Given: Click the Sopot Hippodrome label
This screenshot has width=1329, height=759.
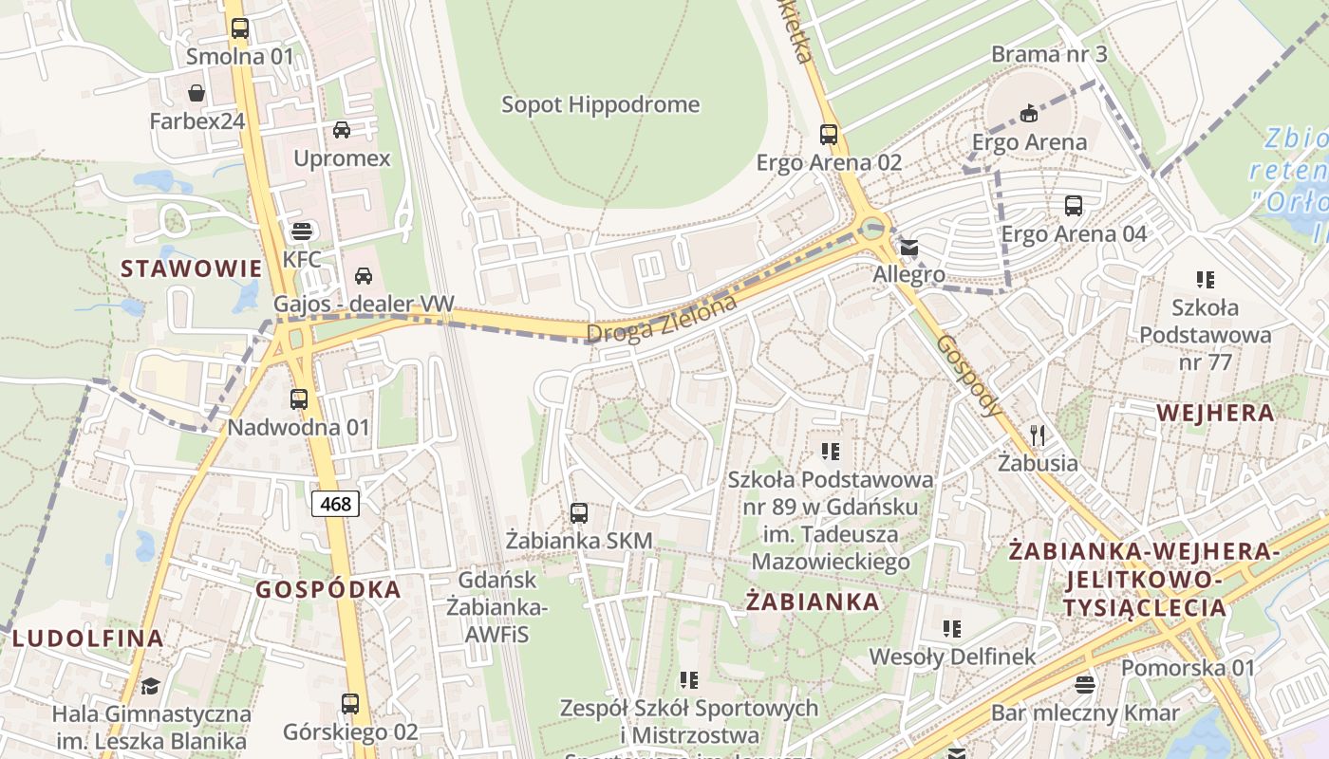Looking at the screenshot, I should tap(600, 104).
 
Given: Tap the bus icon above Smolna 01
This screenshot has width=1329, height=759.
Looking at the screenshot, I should tap(240, 28).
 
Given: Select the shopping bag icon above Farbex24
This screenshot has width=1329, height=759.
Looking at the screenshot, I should tap(197, 93).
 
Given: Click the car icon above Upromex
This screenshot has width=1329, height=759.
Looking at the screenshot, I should tap(342, 130).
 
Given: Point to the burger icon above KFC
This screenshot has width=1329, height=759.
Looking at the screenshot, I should tap(302, 231).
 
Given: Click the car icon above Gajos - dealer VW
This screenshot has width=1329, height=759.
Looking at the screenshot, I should tap(363, 276).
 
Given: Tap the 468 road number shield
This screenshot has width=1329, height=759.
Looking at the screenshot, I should tap(336, 504).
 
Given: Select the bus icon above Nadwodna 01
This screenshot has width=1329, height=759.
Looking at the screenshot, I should tap(299, 399).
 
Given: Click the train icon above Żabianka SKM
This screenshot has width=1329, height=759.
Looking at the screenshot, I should tap(579, 513).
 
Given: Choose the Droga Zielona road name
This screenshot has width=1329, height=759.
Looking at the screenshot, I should tap(662, 320).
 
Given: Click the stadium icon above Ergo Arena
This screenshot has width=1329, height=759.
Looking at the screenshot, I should tap(1029, 115).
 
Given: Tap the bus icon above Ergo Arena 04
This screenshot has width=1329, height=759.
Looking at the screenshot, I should tap(1074, 206).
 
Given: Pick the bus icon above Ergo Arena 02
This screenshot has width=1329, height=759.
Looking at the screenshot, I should tap(829, 135).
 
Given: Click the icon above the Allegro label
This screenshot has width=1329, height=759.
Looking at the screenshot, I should tap(909, 249).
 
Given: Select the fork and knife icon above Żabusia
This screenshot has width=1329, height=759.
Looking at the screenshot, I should tap(1038, 435).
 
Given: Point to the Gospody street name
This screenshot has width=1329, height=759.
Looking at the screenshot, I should tap(968, 376).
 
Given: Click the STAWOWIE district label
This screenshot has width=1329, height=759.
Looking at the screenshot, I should tap(191, 268).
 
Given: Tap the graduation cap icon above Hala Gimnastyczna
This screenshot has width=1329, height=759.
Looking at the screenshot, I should tap(151, 686).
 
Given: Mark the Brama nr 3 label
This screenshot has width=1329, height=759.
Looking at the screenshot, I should tap(1049, 54).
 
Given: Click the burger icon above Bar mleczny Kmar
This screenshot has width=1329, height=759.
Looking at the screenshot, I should tap(1085, 685).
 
